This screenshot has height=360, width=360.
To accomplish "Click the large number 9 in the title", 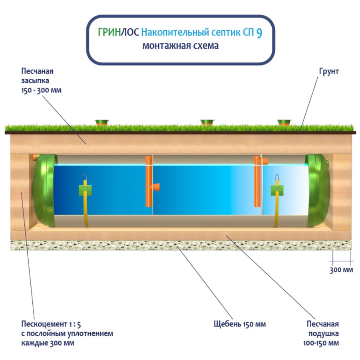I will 259,33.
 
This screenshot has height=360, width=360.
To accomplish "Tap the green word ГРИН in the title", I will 109,32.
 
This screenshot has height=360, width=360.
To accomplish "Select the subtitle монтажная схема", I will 181,46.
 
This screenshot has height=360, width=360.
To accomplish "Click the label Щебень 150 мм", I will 239,324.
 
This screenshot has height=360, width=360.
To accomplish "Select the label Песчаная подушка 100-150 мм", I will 322,333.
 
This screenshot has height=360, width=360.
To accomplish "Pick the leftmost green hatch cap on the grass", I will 102,122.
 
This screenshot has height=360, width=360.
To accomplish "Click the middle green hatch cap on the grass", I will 207,122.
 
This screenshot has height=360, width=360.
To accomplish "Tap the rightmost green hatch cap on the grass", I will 284,122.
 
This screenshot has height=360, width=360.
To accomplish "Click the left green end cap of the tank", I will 43,190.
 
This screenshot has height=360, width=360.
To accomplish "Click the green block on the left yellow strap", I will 85,190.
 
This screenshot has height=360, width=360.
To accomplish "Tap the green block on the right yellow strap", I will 276,190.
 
